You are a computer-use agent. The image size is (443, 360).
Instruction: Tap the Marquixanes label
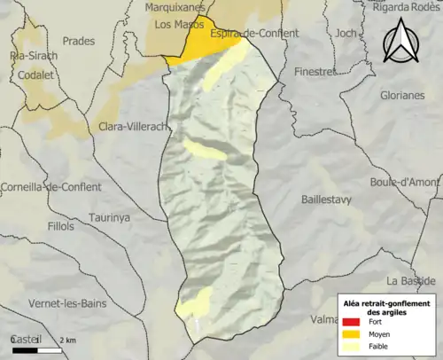[x=174, y=8]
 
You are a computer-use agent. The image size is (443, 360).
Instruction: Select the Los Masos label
[x=175, y=25]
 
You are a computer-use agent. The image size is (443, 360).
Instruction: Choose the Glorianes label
[x=402, y=95]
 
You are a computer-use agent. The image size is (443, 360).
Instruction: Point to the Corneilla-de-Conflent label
[x=51, y=188]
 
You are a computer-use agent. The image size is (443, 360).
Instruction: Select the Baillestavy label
[x=330, y=200]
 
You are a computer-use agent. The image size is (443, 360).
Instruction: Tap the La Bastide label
[x=411, y=280]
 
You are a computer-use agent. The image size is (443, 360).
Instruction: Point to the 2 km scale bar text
[x=68, y=340]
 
